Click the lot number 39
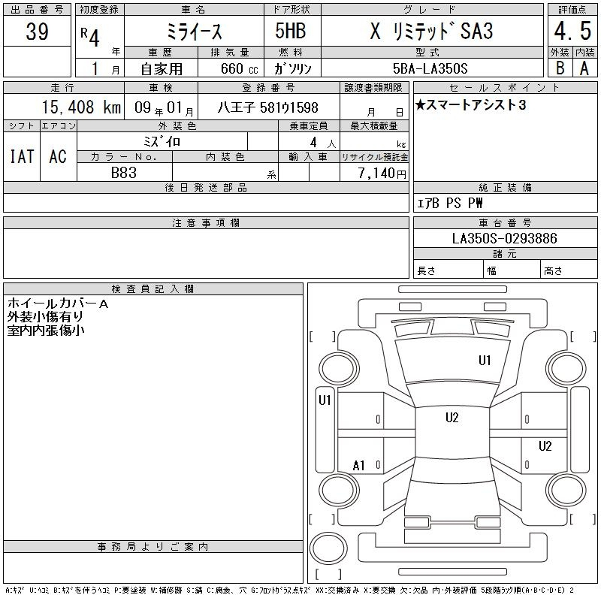(37, 31)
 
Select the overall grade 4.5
(572, 31)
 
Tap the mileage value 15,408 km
(81, 107)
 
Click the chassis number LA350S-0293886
(504, 238)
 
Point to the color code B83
(124, 173)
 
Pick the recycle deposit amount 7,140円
(382, 174)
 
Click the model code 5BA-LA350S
(430, 68)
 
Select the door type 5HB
(291, 31)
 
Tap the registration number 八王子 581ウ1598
(268, 107)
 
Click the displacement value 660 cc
(239, 68)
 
